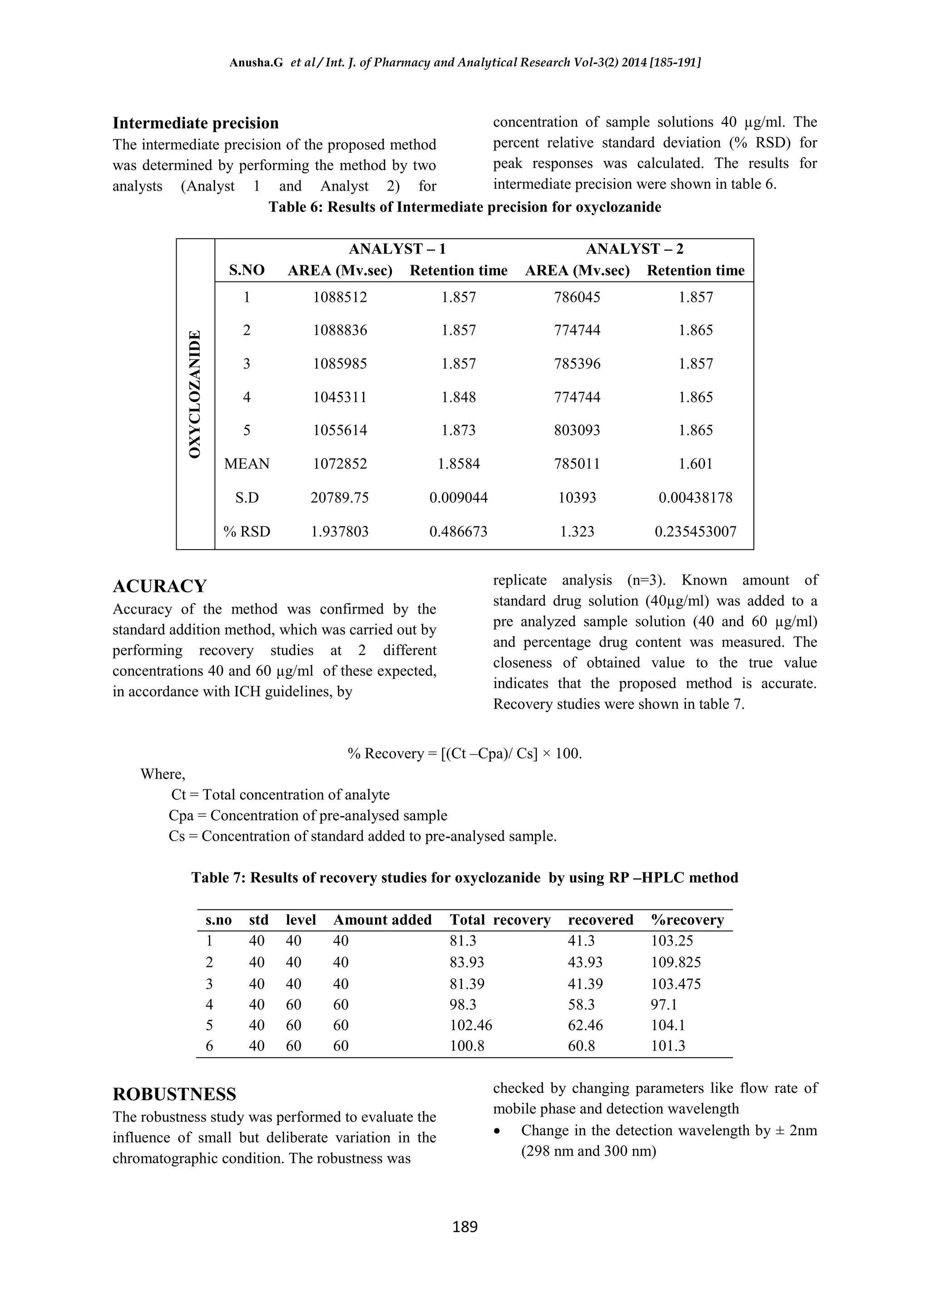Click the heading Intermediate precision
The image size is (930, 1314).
pos(195,123)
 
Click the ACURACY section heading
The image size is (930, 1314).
pos(159,586)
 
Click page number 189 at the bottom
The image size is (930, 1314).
pos(465,1226)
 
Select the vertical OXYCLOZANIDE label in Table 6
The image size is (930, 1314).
pos(195,394)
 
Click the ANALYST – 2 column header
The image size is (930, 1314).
pos(634,249)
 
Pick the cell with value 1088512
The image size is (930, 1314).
pos(340,298)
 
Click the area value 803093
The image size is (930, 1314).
pos(577,430)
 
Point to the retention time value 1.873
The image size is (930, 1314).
pos(458,430)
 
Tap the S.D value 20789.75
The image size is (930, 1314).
pos(340,498)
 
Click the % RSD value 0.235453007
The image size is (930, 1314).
pos(695,532)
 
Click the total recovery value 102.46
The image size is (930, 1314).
pos(471,1025)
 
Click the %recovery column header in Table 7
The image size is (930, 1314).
pos(687,920)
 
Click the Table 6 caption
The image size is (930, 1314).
pos(465,207)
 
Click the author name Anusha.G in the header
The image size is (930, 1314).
pos(256,63)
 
